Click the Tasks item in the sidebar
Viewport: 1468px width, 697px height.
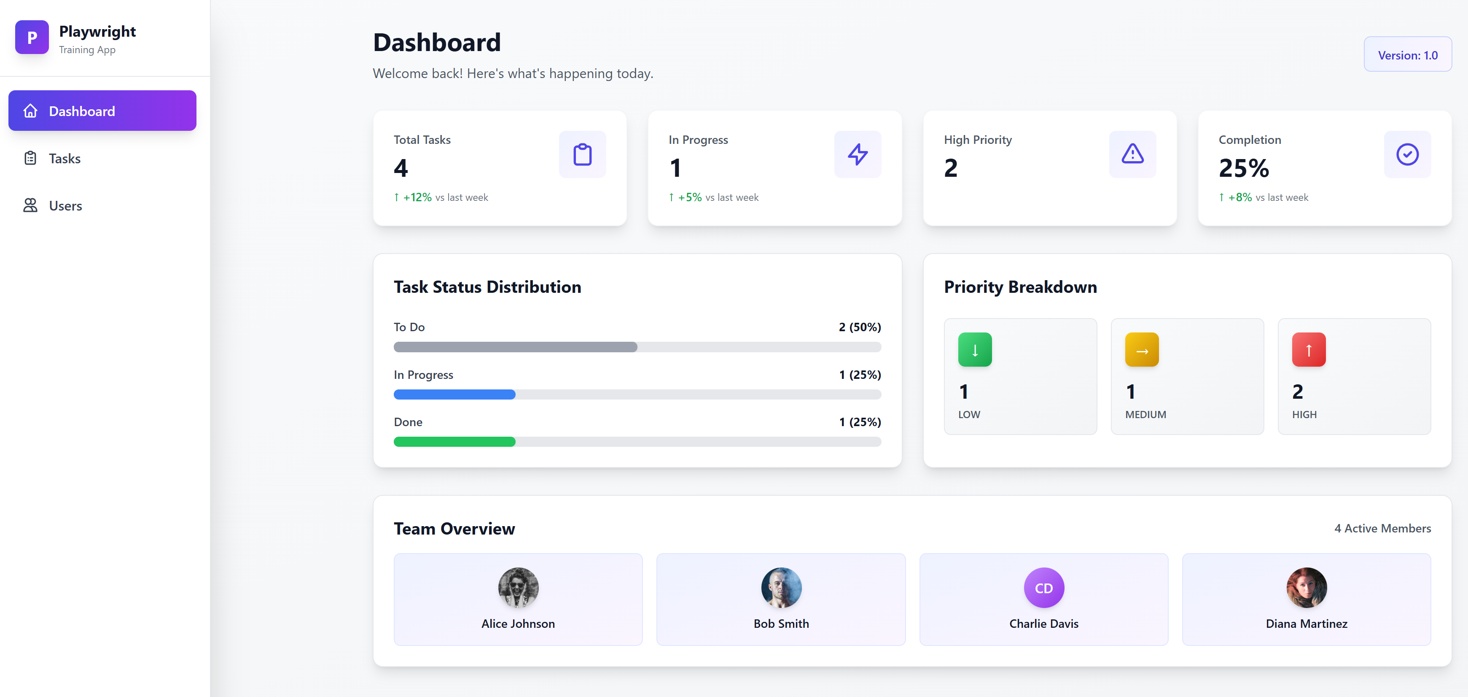(65, 159)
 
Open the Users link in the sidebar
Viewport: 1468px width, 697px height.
(65, 206)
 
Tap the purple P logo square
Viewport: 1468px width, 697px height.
(32, 37)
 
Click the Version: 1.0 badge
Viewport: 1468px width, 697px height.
(1407, 55)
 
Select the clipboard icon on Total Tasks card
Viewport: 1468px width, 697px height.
(582, 154)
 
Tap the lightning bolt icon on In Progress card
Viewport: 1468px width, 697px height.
(857, 154)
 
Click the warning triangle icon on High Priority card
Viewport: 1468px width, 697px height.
(1132, 154)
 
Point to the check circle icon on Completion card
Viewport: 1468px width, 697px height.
(1406, 154)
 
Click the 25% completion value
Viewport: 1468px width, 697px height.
(1243, 168)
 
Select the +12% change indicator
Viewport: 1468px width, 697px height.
(417, 197)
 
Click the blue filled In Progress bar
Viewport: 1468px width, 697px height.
(454, 394)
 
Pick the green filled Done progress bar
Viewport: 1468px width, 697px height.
(454, 441)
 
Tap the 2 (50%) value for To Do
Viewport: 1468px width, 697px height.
(859, 327)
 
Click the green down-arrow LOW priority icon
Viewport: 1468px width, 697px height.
(974, 350)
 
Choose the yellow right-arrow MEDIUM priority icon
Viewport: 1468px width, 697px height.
(1141, 350)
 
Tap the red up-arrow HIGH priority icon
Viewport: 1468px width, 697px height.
(1309, 350)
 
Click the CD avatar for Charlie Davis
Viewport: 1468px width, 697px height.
(1043, 587)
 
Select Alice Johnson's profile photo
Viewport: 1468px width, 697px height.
(518, 587)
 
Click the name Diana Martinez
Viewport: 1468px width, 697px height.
(1306, 624)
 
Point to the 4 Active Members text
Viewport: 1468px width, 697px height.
(1382, 528)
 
